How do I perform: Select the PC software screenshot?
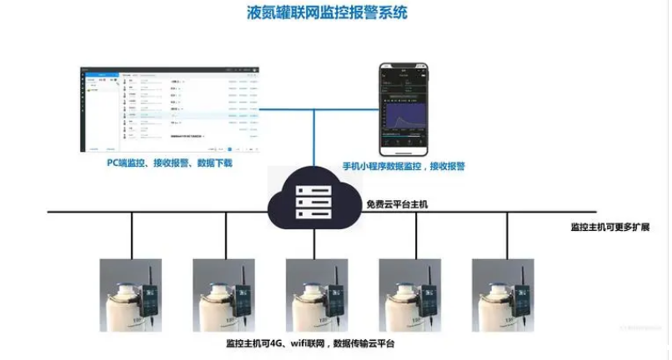coord(170,110)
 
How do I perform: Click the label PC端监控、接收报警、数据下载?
coord(169,164)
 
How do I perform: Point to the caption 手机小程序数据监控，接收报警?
coord(404,167)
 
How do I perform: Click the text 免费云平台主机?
coord(397,204)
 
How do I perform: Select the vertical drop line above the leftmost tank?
coord(131,235)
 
